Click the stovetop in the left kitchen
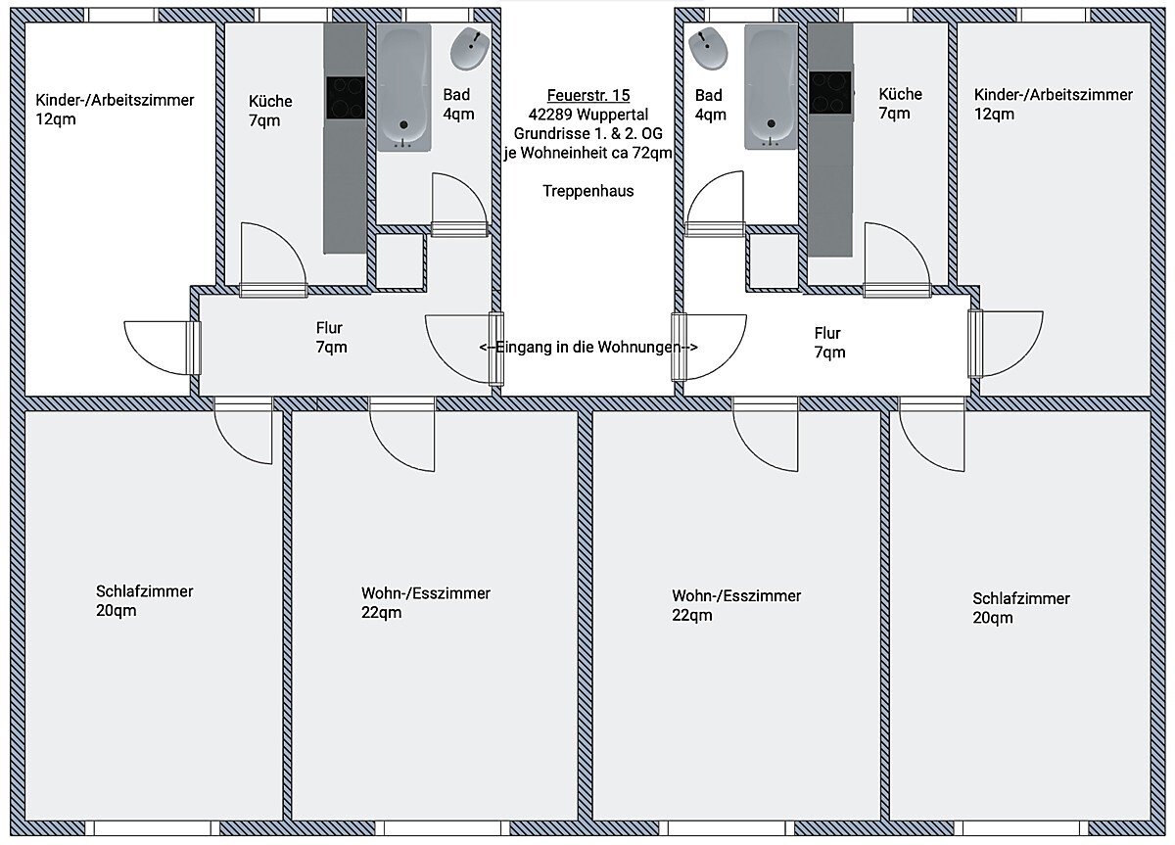click(345, 98)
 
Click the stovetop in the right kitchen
click(829, 92)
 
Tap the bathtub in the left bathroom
click(404, 87)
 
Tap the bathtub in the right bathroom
click(772, 87)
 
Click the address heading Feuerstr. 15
click(588, 95)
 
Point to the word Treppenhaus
click(588, 191)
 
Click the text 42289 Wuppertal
click(588, 114)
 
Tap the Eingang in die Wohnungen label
click(588, 347)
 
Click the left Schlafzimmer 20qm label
click(144, 601)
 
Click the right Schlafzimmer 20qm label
click(1020, 607)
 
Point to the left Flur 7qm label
click(330, 338)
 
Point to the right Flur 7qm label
click(827, 343)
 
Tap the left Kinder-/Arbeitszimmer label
click(115, 109)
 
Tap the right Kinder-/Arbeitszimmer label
click(1053, 104)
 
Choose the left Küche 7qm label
click(270, 111)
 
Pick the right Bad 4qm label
click(710, 104)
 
